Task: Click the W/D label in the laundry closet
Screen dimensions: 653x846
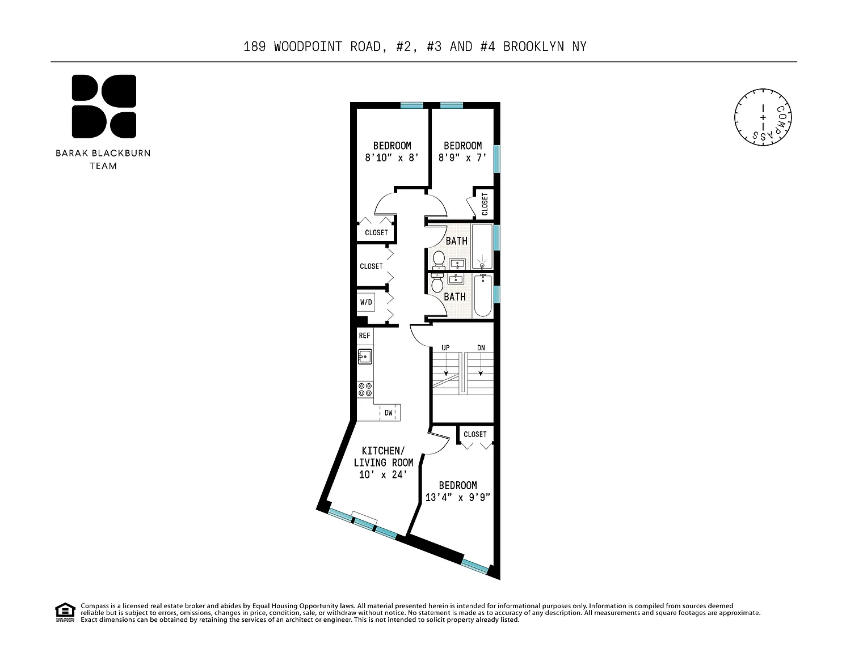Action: (x=366, y=302)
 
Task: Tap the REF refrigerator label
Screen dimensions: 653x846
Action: (x=364, y=336)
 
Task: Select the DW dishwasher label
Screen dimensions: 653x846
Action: (x=389, y=413)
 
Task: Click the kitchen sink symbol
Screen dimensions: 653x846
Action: (x=364, y=357)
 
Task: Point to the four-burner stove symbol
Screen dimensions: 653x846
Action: (x=365, y=389)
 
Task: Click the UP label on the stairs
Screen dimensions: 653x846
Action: (x=446, y=348)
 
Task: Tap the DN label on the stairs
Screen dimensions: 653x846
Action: (x=481, y=348)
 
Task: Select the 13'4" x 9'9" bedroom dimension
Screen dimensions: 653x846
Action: (x=457, y=498)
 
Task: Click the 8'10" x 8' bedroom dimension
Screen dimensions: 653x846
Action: (x=392, y=158)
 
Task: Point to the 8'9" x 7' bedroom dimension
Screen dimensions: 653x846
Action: (x=462, y=158)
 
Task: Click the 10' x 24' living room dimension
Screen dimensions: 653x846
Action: (x=383, y=474)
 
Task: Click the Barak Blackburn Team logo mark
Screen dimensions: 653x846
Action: (x=104, y=106)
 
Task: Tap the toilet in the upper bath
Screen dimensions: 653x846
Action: (x=439, y=260)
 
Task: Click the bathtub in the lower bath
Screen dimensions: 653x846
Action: (x=482, y=296)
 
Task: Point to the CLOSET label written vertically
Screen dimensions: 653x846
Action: (x=485, y=204)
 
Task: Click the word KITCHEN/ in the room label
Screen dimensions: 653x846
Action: (x=384, y=451)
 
